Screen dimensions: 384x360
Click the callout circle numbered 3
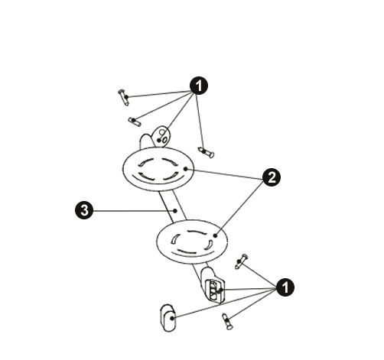click(x=84, y=211)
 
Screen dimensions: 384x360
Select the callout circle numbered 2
click(x=272, y=177)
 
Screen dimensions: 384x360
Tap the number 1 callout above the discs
click(x=199, y=86)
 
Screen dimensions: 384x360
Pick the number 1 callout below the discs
click(x=285, y=287)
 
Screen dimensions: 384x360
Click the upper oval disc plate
click(x=158, y=169)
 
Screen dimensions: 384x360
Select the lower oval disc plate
click(x=192, y=242)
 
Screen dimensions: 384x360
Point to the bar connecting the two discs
click(x=173, y=206)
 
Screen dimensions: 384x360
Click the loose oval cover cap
click(x=168, y=318)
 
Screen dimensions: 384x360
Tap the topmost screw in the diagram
click(x=123, y=97)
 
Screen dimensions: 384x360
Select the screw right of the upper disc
click(x=206, y=152)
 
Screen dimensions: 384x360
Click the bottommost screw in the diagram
click(x=227, y=322)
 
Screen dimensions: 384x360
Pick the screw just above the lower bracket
click(x=241, y=261)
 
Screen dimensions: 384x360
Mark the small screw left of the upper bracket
click(x=135, y=122)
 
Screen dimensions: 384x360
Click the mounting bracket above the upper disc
click(x=155, y=138)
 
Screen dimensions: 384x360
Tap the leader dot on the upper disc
click(x=186, y=169)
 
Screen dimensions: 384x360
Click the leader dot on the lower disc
click(x=215, y=235)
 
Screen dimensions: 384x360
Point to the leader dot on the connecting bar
click(x=175, y=211)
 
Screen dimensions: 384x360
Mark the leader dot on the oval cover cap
click(x=172, y=318)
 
